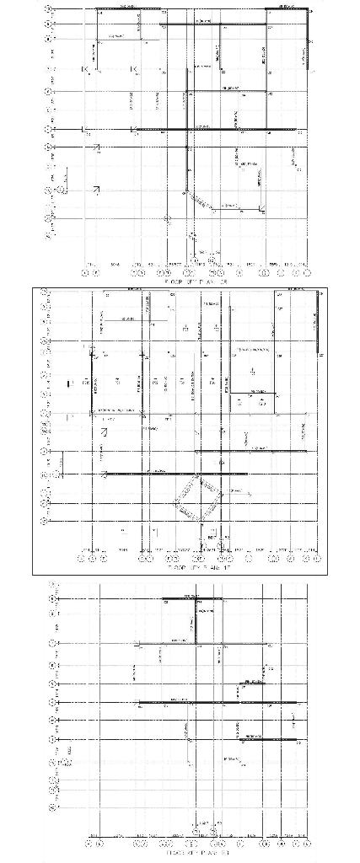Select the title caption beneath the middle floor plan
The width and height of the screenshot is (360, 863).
[195, 570]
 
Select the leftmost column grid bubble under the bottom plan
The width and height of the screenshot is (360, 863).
[89, 842]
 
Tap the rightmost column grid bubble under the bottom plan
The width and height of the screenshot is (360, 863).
[308, 842]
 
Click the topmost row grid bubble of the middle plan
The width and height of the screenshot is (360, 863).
[46, 292]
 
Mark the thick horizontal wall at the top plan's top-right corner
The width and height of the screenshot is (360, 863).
[286, 9]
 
